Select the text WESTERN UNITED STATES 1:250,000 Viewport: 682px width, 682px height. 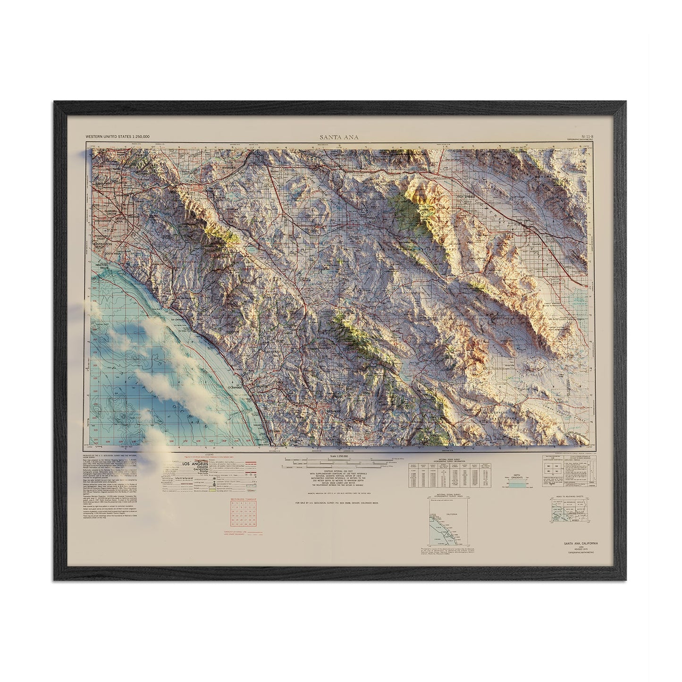click(117, 136)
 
